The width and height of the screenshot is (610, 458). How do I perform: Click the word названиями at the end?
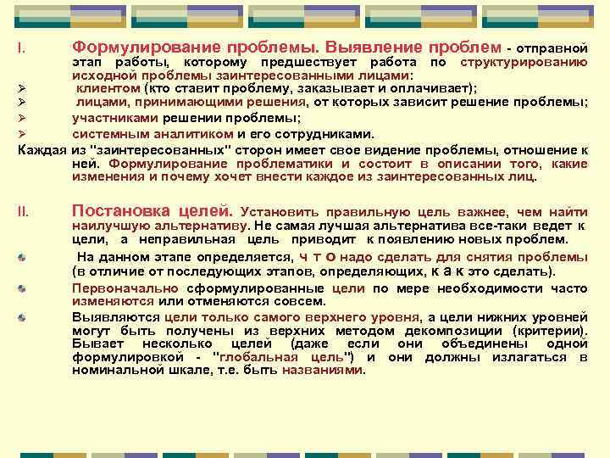[x=325, y=371]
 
